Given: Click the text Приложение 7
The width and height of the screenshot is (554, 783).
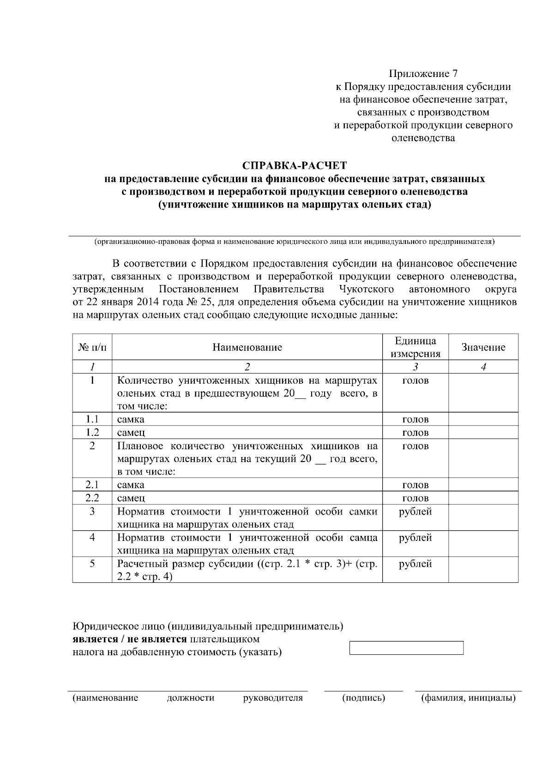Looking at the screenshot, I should (423, 74).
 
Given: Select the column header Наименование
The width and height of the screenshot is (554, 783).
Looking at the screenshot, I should (247, 347).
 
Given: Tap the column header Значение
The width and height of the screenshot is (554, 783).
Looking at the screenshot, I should (483, 347).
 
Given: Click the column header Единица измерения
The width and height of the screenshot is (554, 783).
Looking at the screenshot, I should (415, 347).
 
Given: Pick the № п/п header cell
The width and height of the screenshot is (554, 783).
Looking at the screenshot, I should (92, 347).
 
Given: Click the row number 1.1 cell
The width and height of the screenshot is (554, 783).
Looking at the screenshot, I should (92, 419).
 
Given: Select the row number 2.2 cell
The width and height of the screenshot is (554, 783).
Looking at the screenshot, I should (92, 498).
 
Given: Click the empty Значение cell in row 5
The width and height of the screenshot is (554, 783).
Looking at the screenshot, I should (483, 570).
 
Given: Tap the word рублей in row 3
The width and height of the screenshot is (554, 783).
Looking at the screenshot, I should (415, 511).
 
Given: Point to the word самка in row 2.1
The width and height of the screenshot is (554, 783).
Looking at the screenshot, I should (131, 485).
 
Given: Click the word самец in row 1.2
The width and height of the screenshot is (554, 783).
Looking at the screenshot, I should (131, 433).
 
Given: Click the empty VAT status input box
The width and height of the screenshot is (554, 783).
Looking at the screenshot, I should (406, 647).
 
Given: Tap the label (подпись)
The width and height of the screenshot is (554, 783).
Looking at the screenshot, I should (363, 698).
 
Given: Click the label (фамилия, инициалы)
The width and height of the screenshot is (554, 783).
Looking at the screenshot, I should (468, 698).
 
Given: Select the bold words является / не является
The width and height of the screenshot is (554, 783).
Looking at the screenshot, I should (130, 639).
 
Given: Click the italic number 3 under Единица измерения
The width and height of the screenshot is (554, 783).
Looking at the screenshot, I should (415, 367).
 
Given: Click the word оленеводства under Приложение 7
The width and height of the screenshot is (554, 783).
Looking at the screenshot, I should (423, 138).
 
